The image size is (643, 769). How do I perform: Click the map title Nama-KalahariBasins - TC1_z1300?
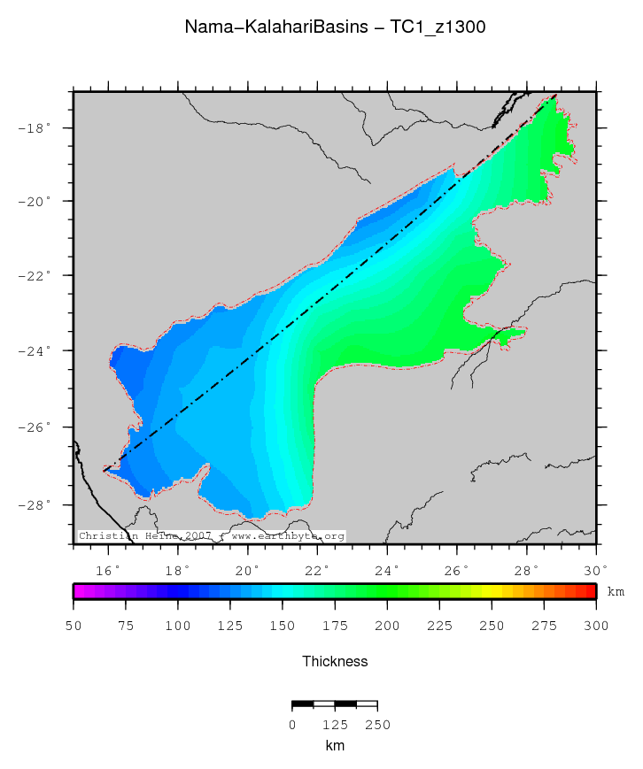335,27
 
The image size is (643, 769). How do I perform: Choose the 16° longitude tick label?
108,571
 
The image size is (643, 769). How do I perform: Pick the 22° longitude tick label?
317,571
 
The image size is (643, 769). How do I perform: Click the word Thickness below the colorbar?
335,662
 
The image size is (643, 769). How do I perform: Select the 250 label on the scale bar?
378,725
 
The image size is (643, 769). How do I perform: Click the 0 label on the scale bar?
292,725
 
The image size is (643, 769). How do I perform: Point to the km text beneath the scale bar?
335,746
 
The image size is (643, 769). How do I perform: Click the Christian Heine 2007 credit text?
145,536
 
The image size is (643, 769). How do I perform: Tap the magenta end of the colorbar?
79,591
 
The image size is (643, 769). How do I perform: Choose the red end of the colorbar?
591,591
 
